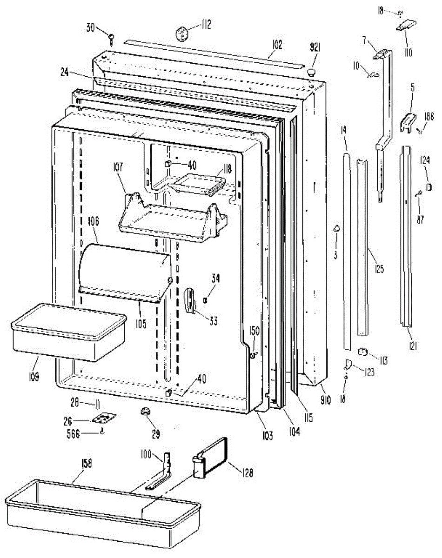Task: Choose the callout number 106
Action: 93,222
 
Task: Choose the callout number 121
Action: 413,345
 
